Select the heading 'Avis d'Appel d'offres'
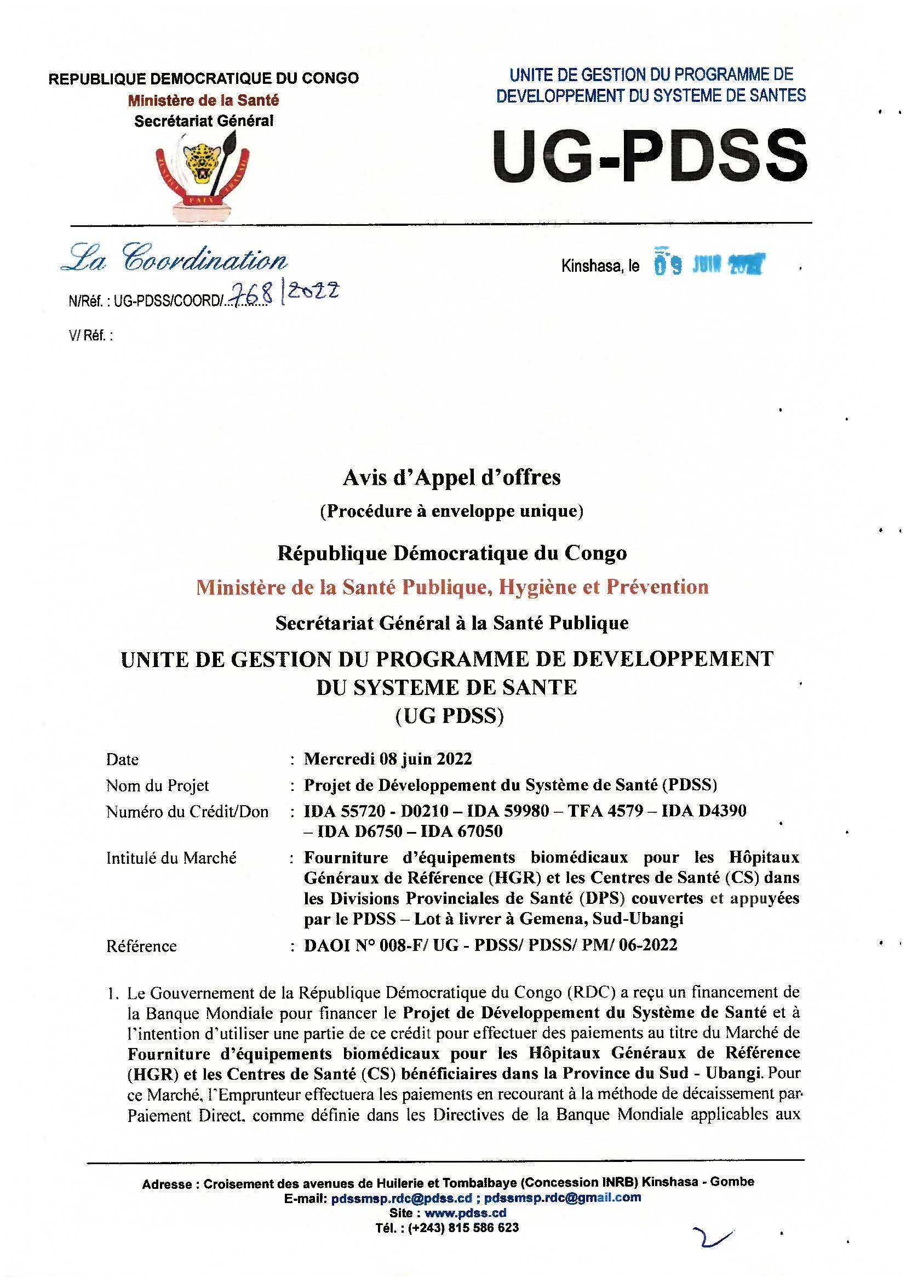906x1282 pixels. (452, 477)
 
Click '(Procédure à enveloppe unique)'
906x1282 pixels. (452, 511)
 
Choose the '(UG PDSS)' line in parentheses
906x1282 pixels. (450, 716)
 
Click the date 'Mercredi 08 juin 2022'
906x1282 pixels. (388, 759)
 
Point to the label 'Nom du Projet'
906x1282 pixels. (157, 785)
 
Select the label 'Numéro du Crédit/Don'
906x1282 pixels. (187, 811)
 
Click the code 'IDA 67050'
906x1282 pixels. (461, 831)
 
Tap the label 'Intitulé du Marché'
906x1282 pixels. (171, 858)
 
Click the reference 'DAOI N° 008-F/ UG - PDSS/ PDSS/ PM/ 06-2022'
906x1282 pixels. (490, 945)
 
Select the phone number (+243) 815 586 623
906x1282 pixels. (463, 1228)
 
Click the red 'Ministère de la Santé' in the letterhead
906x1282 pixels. (203, 100)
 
